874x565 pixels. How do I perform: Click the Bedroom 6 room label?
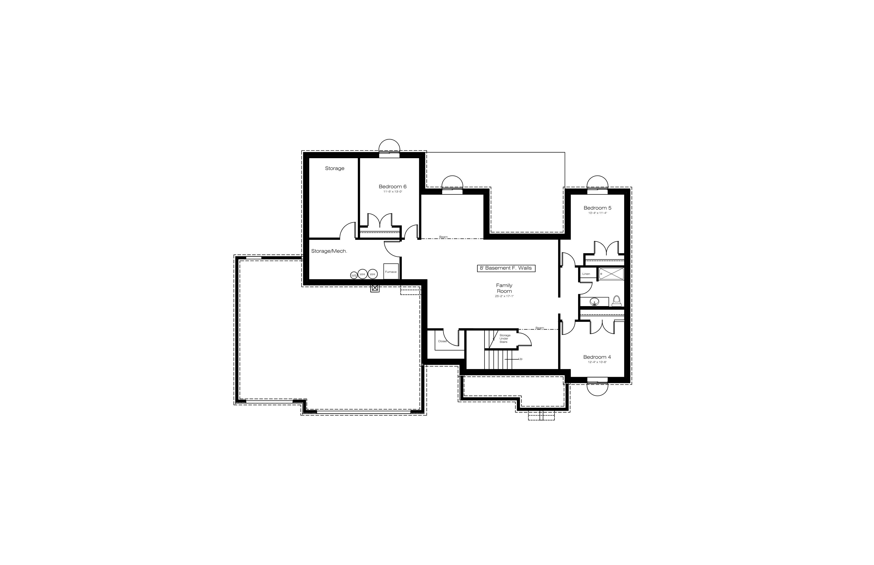393,187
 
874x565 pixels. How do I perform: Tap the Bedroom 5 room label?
597,208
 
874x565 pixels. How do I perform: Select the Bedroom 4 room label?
597,357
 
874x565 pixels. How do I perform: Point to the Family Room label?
504,288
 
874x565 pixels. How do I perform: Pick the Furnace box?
391,271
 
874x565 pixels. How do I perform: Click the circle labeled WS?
354,275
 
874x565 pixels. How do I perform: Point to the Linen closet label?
586,274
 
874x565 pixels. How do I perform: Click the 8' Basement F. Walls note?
506,268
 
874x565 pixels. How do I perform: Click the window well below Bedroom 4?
597,389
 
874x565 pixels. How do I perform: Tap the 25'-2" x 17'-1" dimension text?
504,296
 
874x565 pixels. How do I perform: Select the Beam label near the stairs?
540,328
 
